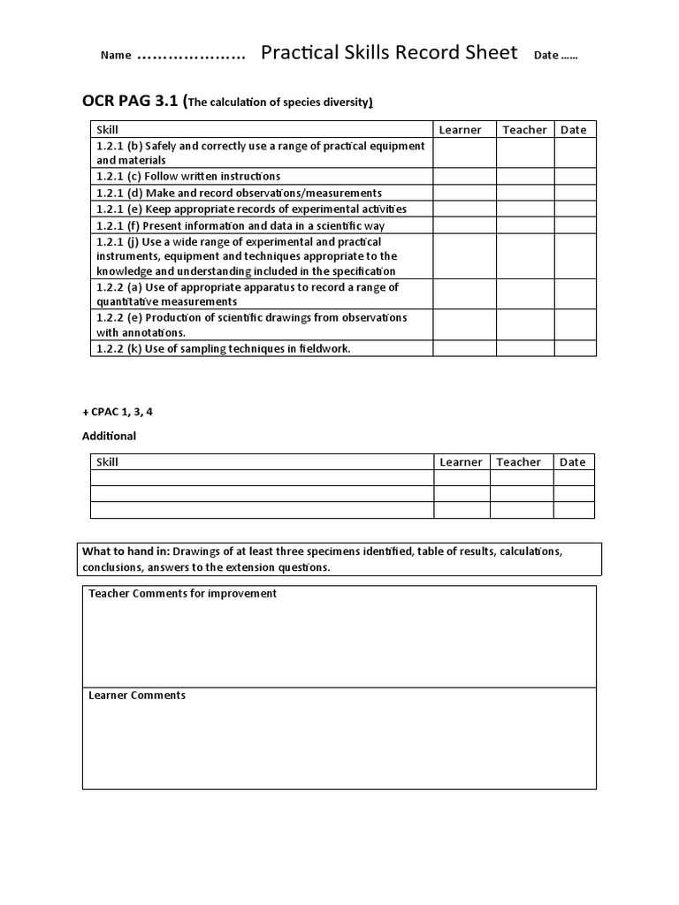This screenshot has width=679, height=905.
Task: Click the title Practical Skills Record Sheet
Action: click(389, 53)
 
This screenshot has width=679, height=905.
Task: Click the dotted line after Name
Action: click(191, 56)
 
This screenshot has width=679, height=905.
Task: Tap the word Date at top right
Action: click(546, 55)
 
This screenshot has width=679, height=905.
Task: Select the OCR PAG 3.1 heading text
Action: click(131, 102)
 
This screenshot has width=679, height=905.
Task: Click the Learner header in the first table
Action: click(461, 130)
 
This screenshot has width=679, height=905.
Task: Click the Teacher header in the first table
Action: click(524, 130)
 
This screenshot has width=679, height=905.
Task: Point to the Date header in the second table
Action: click(572, 462)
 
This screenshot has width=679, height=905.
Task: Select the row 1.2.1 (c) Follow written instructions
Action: click(188, 177)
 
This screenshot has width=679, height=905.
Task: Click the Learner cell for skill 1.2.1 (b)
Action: click(463, 153)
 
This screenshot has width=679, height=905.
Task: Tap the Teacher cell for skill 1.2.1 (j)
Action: click(524, 256)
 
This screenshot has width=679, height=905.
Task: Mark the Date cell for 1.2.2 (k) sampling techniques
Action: click(575, 349)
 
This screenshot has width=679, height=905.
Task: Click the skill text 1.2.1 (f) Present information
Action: click(240, 225)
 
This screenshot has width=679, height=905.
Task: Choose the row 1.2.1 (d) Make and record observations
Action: click(239, 193)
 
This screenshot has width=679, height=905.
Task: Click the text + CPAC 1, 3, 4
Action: click(111, 412)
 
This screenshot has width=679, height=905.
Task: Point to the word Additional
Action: click(109, 436)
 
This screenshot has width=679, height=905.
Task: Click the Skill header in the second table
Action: click(107, 462)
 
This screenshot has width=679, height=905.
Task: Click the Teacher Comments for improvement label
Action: click(182, 594)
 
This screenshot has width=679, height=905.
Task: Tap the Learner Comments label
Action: click(137, 696)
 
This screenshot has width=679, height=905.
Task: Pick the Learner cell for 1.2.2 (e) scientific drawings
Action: click(463, 325)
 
